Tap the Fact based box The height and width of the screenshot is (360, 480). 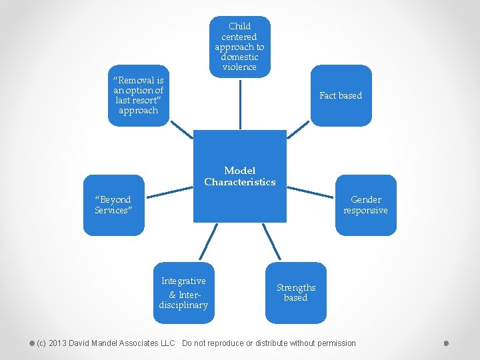point(341,95)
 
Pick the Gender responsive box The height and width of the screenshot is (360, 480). point(365,205)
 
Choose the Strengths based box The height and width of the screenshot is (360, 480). point(295,293)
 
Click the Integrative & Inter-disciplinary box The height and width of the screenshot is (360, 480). point(183,293)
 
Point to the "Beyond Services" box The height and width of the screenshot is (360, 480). point(113,205)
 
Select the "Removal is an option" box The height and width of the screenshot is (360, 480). point(138,95)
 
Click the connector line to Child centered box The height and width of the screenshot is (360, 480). point(239,103)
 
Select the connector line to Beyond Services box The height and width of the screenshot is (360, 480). point(169,192)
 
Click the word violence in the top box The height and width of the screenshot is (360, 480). point(239,67)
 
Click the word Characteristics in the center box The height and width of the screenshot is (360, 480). point(239,182)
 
